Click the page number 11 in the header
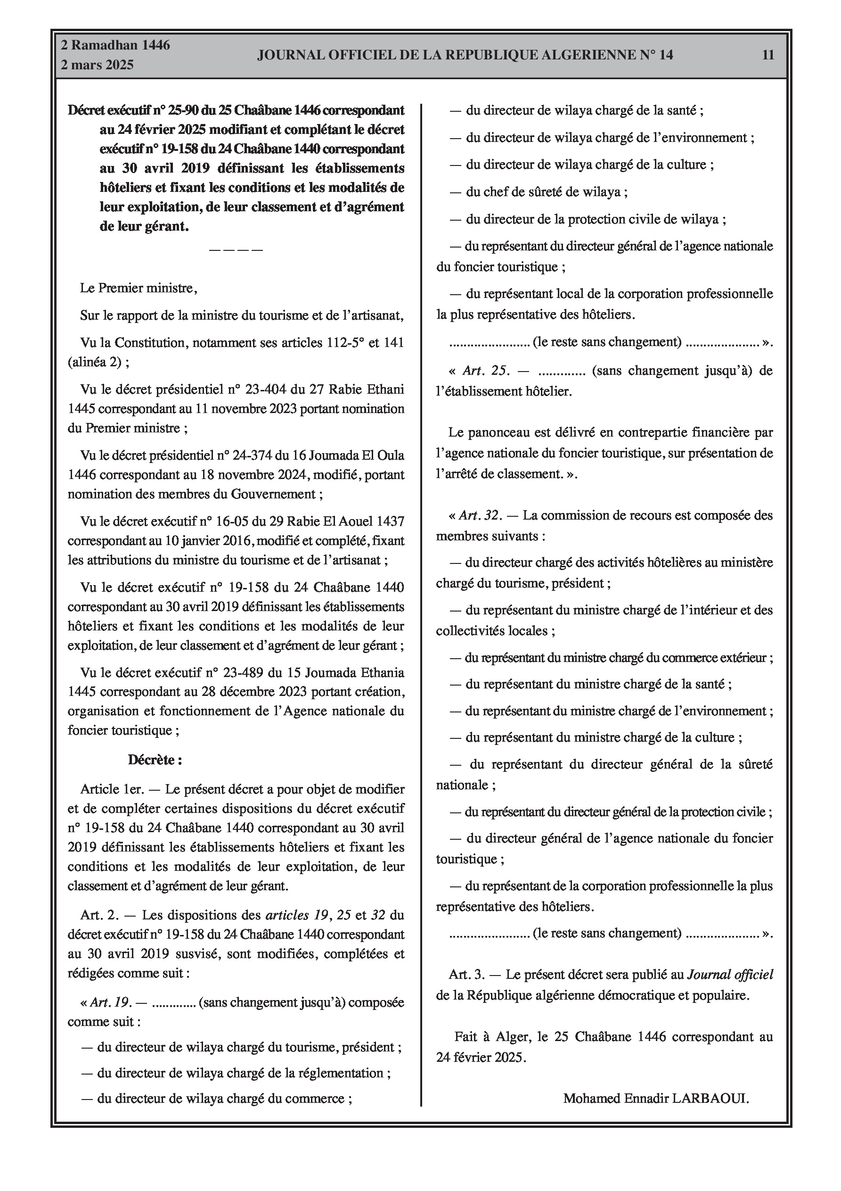(x=768, y=55)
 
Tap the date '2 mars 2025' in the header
(x=97, y=65)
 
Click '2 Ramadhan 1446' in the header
(x=115, y=45)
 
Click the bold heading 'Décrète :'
(x=155, y=761)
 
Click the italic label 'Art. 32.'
(x=480, y=516)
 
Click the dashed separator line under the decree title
(x=236, y=249)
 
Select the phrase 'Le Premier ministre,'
(x=139, y=289)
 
